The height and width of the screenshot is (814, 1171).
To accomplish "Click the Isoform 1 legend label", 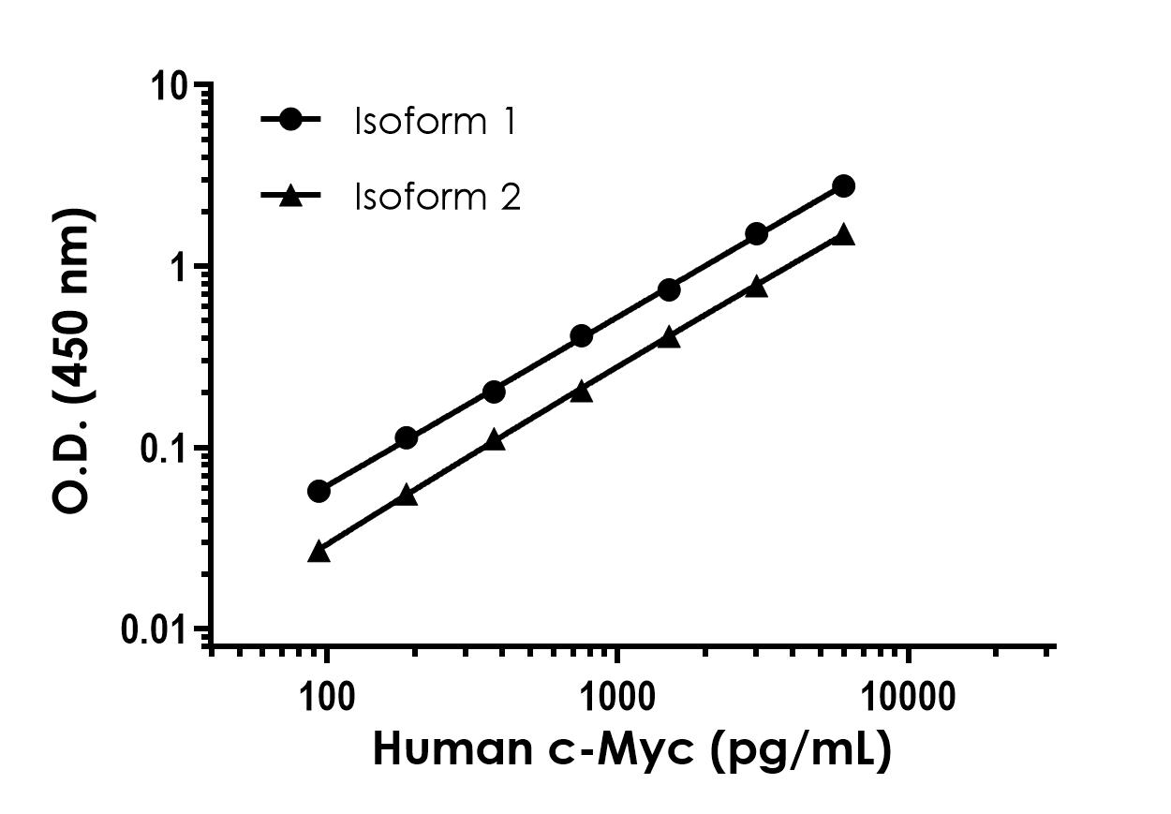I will pos(435,122).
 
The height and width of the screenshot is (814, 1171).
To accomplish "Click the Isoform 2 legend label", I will pos(437,197).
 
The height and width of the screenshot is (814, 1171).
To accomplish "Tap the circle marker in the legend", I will pos(290,120).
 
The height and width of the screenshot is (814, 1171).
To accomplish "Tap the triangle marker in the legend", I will pos(290,196).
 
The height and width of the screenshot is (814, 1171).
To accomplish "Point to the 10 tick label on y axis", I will pos(173,87).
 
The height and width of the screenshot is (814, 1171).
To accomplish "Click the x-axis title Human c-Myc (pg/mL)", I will pos(631,750).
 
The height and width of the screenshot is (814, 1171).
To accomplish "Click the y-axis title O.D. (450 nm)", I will pos(73,361).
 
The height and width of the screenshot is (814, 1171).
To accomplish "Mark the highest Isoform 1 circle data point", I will pos(843,185).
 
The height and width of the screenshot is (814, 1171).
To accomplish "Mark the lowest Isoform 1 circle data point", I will pos(319,492).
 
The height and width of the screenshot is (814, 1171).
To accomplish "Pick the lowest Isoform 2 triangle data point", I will pos(319,552).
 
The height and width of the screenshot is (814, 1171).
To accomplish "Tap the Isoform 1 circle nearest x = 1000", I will pos(581,335).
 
